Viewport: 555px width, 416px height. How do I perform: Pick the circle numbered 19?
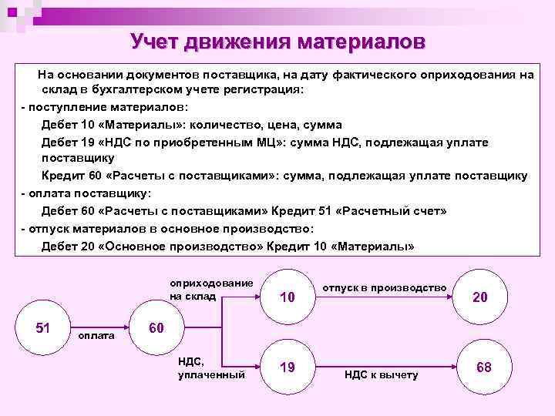click(x=288, y=367)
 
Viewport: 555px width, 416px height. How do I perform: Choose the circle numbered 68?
click(x=484, y=367)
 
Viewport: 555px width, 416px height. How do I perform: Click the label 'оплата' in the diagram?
click(x=97, y=336)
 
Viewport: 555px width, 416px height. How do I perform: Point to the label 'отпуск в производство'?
click(x=384, y=287)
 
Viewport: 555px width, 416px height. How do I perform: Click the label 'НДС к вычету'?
click(x=381, y=374)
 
